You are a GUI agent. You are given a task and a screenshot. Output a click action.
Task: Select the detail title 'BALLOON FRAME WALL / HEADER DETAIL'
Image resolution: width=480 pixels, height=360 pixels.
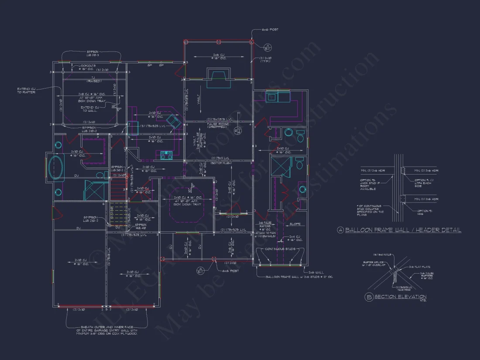coord(403,230)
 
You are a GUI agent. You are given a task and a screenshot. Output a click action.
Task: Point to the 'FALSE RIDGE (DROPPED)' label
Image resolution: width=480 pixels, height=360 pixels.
coord(218,126)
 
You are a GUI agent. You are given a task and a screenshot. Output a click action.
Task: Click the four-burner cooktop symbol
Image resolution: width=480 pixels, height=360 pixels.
coord(167,154)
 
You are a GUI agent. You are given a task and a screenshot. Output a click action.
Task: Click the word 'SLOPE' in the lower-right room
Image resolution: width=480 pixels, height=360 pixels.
coord(295,224)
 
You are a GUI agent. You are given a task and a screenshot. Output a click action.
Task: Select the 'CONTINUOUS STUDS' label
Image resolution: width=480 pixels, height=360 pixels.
coord(281,249)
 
